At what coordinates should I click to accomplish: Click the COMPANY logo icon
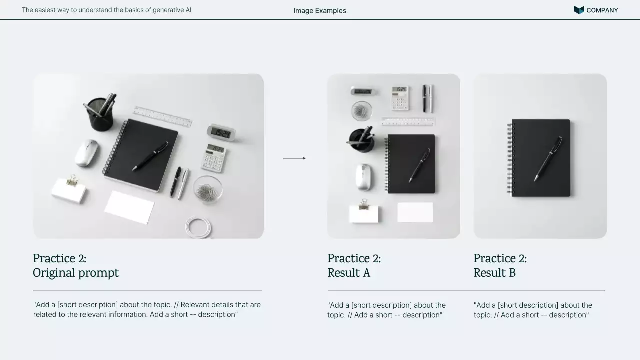tap(579, 10)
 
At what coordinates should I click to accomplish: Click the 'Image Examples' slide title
tap(320, 11)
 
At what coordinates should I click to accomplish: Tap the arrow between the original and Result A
tap(294, 158)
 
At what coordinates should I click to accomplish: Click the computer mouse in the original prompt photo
tap(87, 153)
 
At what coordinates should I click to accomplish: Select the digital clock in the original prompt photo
tap(221, 133)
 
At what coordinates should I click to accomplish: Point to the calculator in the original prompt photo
tap(214, 158)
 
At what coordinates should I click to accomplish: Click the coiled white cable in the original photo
tap(198, 227)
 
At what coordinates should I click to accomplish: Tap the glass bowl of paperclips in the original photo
tap(208, 189)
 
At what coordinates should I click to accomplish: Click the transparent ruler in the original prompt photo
tap(163, 117)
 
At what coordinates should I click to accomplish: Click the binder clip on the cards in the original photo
tap(72, 180)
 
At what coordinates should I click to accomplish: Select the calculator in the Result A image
tap(400, 98)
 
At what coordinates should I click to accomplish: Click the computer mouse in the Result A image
tap(364, 177)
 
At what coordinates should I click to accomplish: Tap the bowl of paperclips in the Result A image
tap(361, 111)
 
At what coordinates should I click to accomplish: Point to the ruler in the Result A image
tap(408, 122)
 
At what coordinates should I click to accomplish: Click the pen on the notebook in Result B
tap(548, 159)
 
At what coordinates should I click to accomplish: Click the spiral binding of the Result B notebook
tap(510, 158)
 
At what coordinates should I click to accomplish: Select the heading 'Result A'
tap(349, 273)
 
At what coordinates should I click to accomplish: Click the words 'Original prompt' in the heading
tap(76, 273)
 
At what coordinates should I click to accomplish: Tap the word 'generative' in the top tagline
tap(168, 10)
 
